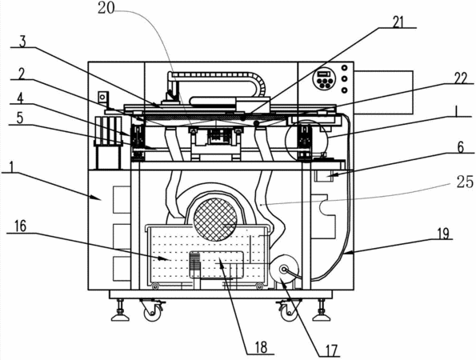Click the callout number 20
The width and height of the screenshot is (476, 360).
point(106,8)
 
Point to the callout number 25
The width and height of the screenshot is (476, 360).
point(465,182)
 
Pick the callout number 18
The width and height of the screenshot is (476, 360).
point(261,347)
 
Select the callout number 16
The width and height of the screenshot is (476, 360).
point(20,226)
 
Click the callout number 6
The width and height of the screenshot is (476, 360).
point(461,147)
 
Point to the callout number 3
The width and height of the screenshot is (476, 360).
point(22,42)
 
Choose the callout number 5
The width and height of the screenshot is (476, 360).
point(20,118)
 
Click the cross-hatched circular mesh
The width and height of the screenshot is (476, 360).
point(215,219)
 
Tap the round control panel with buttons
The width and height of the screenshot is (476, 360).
point(324,78)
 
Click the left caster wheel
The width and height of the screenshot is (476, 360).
point(152,312)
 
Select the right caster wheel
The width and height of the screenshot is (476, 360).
point(289,312)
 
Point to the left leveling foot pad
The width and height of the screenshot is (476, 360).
point(120,318)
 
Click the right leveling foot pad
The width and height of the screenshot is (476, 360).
point(322,318)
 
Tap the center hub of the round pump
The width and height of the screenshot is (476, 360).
point(284,270)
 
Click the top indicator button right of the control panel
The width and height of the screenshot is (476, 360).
point(345,67)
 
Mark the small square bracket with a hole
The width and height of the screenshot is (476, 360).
point(102,98)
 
